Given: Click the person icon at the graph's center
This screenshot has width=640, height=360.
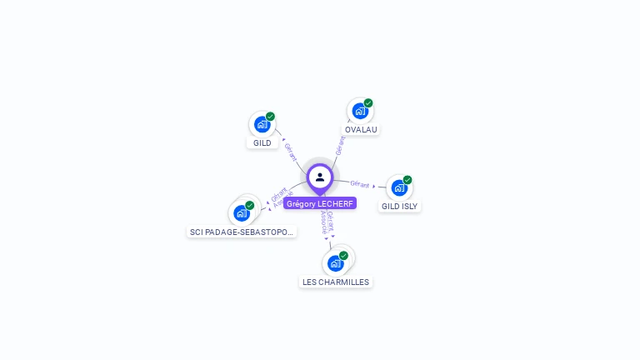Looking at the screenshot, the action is tap(320, 177).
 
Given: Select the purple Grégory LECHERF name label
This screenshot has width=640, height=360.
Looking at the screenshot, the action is tap(320, 203).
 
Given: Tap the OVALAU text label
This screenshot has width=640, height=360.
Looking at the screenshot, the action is tap(361, 130).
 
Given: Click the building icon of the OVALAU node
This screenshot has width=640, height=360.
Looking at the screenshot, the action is tap(359, 111).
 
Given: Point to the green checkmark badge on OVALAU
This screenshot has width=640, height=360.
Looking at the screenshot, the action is tap(368, 103).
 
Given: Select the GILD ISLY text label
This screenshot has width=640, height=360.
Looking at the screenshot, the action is tap(400, 206).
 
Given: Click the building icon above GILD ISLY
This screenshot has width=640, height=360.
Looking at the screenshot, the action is tap(399, 187).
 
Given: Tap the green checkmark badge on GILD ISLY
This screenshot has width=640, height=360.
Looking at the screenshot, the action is tap(407, 180).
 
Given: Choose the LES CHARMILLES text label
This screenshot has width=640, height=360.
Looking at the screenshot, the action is tap(336, 282).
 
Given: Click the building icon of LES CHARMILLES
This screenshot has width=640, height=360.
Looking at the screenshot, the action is tap(335, 263).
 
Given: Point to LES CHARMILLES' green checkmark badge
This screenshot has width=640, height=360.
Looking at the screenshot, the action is tap(343, 256).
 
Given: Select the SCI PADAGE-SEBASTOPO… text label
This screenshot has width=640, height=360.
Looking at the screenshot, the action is tap(242, 232).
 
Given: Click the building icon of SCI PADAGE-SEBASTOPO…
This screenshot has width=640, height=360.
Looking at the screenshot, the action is tap(241, 213).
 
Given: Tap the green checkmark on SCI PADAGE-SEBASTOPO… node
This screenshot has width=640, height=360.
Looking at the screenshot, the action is tap(249, 205).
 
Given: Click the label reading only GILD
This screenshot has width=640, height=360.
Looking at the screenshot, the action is tap(262, 143).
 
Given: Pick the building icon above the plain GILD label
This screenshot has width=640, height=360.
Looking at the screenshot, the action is tap(262, 124).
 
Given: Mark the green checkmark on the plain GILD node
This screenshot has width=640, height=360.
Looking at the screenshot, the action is tap(270, 117).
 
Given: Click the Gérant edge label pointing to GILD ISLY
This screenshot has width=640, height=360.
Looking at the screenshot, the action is tap(360, 184).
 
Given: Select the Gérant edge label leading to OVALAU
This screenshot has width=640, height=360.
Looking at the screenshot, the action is tap(339, 146).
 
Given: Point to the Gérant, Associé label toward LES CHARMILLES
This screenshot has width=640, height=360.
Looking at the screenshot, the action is tap(326, 222).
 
